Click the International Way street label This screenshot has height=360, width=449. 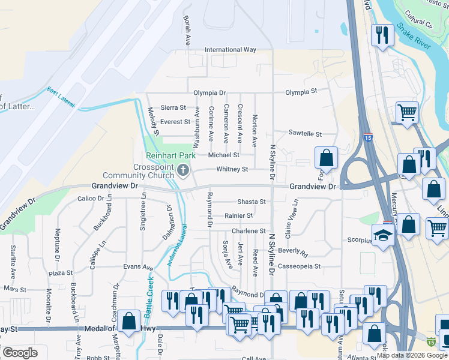coord(231,50)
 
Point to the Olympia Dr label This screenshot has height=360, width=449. coord(209,93)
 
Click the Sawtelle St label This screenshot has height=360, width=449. coord(305,133)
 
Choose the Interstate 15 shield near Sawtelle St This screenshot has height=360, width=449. coord(367,137)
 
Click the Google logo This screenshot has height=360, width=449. coord(20,353)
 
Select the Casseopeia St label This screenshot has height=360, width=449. coord(300,266)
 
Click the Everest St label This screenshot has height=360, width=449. coord(175,122)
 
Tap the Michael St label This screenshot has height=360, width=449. coord(223,155)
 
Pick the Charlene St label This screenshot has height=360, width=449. coord(249,231)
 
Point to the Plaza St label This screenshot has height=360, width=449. coord(61,273)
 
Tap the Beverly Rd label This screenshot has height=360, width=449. coord(292,254)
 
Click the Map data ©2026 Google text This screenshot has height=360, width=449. coord(412,355)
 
